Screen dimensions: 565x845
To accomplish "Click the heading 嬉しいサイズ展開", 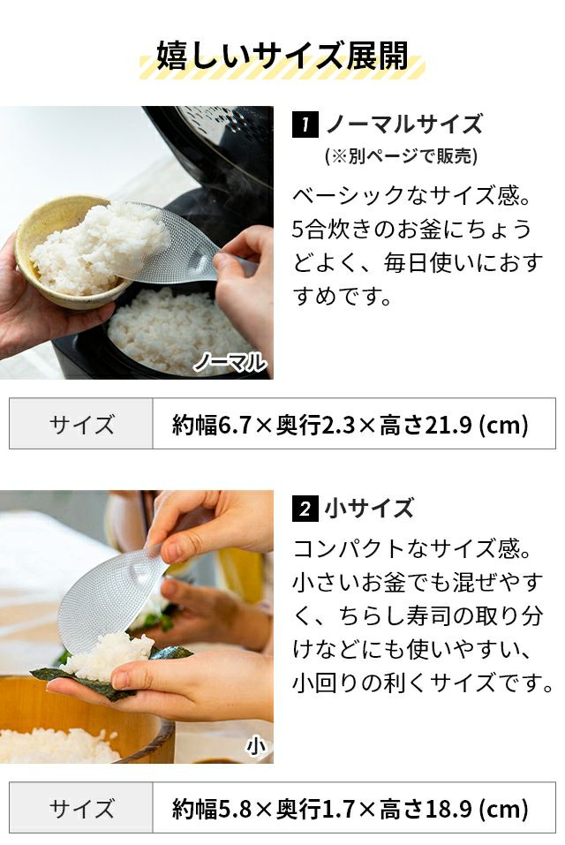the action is pos(282,56).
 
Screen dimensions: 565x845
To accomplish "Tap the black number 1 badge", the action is pos(305,124).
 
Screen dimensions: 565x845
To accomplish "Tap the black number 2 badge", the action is pos(305,509).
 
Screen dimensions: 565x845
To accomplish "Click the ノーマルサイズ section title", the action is pos(404,124).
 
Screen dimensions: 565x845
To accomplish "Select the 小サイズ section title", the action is pos(369,509).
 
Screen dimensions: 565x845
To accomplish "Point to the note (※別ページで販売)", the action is pos(402,156).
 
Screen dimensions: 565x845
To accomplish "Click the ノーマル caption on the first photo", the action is pos(230,362).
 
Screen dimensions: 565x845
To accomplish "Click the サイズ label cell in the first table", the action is pos(81,424).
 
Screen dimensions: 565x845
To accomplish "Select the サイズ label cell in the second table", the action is pos(81,808).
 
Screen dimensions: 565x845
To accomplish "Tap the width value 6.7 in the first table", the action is pos(236,425).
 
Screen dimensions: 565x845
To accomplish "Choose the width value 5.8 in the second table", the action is pos(236,809).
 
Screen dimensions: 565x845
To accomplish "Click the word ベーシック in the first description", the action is pos(348,195).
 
